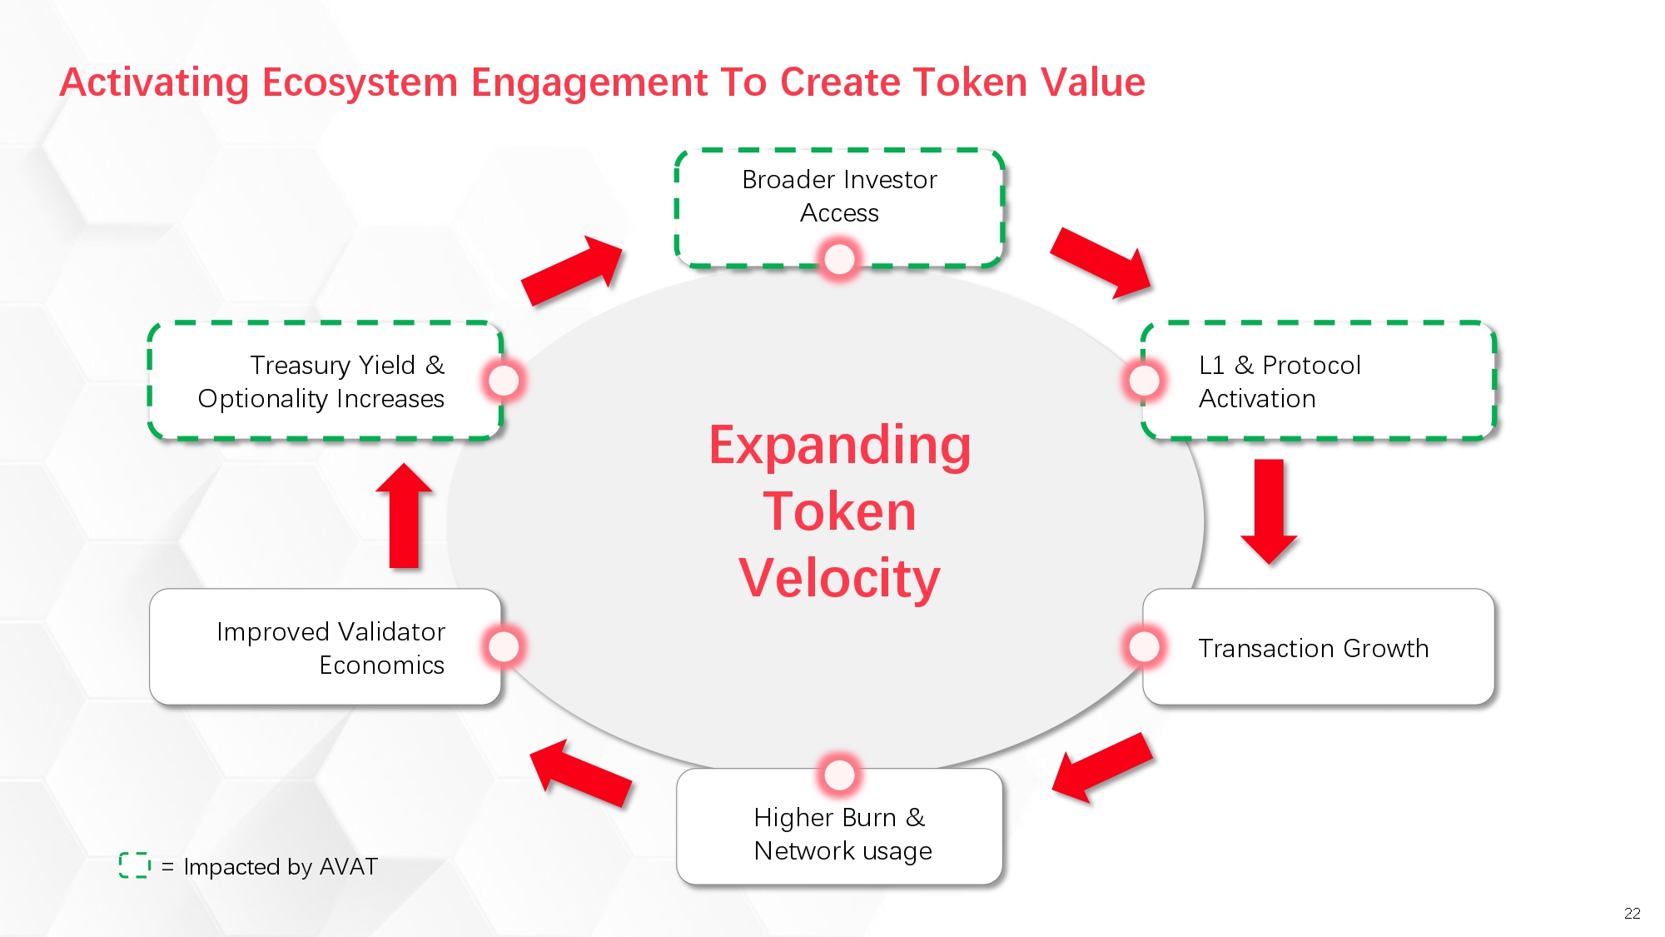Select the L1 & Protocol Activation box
[1319, 381]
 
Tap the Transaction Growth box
[1319, 648]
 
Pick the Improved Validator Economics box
[326, 648]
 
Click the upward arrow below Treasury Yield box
[405, 516]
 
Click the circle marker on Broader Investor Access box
[839, 259]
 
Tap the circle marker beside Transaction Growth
[1144, 646]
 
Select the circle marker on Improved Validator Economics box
[504, 646]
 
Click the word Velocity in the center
[839, 578]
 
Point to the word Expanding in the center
[839, 446]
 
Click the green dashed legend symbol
[134, 865]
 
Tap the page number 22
[1632, 913]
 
